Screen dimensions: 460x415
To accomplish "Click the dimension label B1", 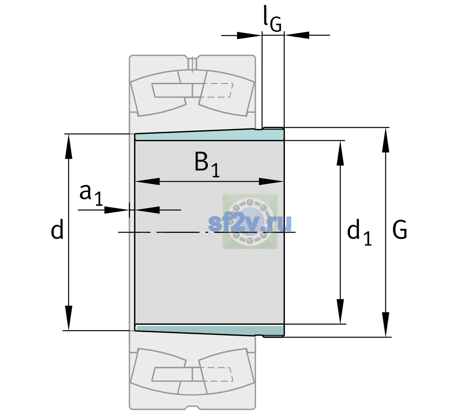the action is pos(207,165).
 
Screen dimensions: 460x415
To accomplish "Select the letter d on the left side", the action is pos(57,229).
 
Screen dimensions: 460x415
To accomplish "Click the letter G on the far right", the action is pos(400,230).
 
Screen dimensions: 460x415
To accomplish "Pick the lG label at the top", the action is pos(273,19).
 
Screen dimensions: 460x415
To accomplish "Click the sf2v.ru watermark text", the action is pos(250,223).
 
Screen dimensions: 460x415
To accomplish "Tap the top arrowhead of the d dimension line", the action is pos(68,146).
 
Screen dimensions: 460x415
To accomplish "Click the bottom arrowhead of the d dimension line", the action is pos(68,318).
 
